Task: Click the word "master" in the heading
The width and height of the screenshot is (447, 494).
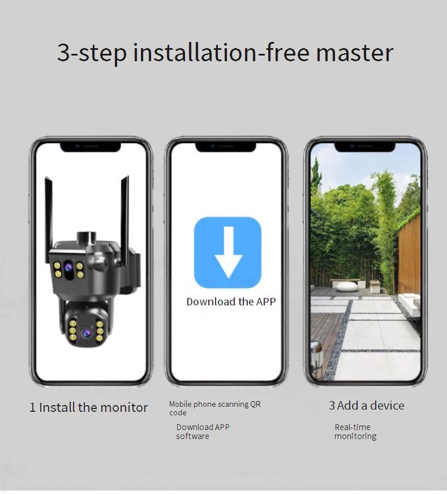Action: pos(355,53)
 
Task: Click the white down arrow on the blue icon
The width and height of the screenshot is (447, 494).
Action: pos(229,252)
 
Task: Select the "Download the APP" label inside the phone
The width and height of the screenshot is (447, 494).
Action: pos(231,301)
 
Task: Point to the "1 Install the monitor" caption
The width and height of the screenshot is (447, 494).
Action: pos(89,407)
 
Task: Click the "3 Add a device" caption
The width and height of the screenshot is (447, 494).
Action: pos(367,406)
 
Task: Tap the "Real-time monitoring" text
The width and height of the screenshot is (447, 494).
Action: pos(355,432)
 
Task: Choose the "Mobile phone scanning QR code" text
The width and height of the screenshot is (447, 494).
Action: pos(215,408)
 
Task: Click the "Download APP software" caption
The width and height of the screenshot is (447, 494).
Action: pos(203,432)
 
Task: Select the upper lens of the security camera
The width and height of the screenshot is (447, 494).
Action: pos(68,268)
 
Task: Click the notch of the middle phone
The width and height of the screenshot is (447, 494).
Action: pos(226,147)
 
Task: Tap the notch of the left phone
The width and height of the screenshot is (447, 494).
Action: pos(91,147)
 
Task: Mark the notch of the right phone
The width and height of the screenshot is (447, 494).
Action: pos(364,147)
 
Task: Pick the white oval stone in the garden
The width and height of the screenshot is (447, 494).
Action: pos(347,287)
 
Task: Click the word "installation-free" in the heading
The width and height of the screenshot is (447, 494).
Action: pos(221,53)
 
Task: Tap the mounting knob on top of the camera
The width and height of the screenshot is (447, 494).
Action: pos(87,237)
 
